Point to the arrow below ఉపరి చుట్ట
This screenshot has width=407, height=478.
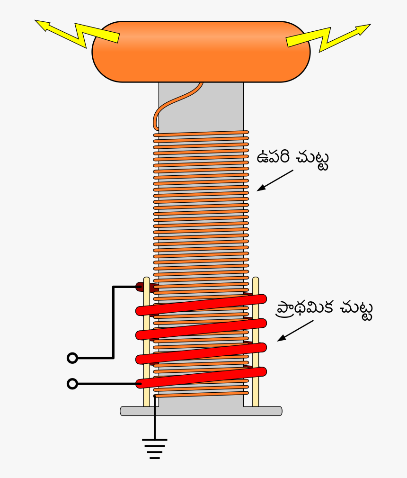coord(275,180)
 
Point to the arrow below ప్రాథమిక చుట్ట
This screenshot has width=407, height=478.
coord(295,330)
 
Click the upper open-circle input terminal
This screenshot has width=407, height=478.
coord(72,358)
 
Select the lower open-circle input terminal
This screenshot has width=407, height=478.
coord(72,384)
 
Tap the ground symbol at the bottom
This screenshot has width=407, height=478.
coord(155,448)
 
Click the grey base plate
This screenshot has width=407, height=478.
coord(201,411)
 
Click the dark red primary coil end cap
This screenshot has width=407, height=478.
coord(140,286)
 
